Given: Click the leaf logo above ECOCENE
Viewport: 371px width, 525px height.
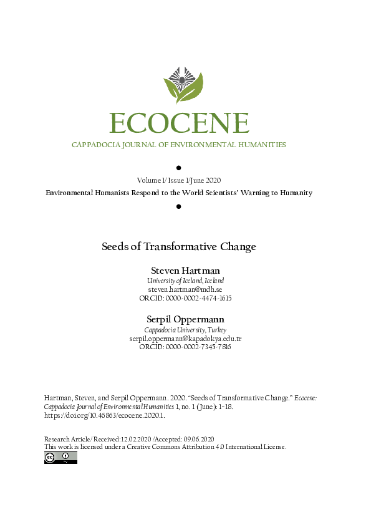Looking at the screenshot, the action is (x=183, y=84).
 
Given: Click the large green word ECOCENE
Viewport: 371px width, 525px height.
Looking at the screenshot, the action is (x=179, y=123).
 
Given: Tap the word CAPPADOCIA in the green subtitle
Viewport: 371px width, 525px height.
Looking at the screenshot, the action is (x=96, y=145).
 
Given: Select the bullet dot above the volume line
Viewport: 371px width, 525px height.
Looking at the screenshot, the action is (x=179, y=168).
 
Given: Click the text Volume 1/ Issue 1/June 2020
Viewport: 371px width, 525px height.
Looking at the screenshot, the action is (x=179, y=180).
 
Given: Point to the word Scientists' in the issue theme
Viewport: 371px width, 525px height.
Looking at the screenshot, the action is (x=226, y=193).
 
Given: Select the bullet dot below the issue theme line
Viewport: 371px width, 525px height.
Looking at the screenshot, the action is (x=179, y=206).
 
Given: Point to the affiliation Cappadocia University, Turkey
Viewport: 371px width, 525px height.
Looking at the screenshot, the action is (x=185, y=330).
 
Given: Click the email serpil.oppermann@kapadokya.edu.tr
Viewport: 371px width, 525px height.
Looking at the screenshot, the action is (x=185, y=338).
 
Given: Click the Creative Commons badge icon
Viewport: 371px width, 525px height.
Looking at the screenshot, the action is (x=60, y=458).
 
